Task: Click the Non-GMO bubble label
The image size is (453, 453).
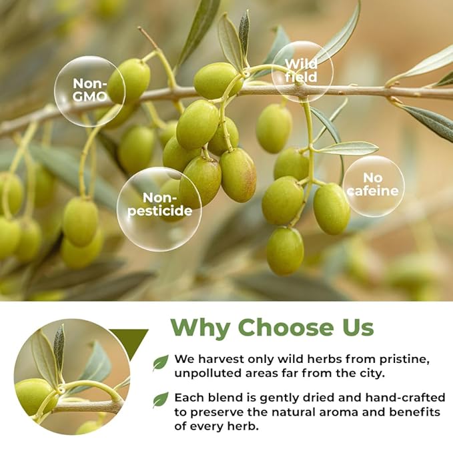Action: coord(89,91)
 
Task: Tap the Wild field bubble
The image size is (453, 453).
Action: coord(302,71)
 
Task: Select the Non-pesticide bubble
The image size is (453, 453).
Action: coord(159,209)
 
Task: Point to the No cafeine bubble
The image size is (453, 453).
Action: coord(373,186)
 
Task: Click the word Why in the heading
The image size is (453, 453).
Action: coord(200,328)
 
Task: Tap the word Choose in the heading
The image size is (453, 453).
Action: coord(285,327)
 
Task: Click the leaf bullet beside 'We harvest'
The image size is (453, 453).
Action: coord(160,363)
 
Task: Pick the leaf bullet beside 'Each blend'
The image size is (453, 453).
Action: coord(160,400)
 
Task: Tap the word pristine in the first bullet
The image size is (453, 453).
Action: coord(403,360)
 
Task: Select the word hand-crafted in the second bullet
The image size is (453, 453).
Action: coord(405,398)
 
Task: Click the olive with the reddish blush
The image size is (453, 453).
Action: coord(238,175)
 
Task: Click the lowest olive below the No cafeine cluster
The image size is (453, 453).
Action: coord(285,251)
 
